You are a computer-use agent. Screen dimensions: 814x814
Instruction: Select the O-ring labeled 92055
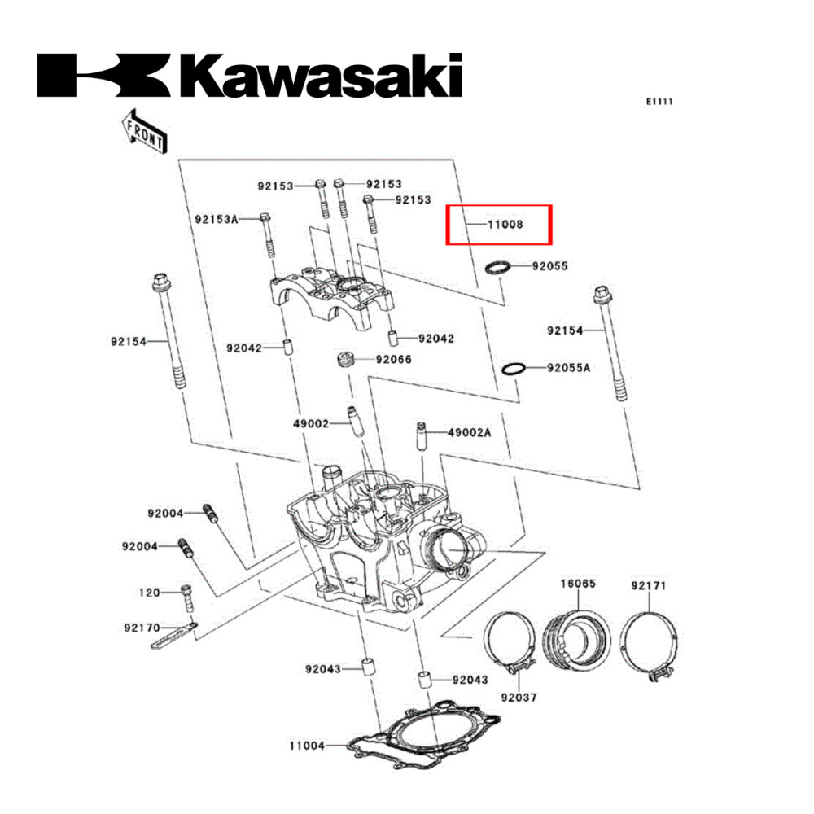(x=498, y=267)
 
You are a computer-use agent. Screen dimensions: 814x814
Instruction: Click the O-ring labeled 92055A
(x=514, y=368)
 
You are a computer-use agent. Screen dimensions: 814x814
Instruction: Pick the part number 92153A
(x=216, y=219)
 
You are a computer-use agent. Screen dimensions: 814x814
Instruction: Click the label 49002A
(x=469, y=433)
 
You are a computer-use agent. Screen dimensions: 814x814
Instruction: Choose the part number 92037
(x=519, y=698)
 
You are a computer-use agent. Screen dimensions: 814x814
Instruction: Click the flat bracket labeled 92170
(x=173, y=635)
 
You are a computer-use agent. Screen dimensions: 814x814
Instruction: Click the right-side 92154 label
(x=565, y=330)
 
